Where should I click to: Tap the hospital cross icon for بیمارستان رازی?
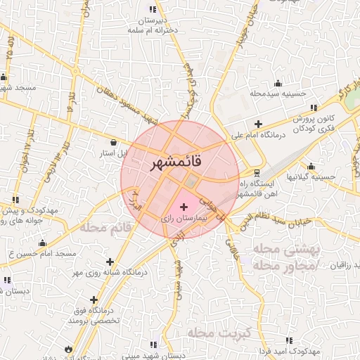tap(184, 207)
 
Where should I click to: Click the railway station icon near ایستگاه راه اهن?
tap(257, 171)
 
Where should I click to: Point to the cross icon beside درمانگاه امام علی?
tap(258, 124)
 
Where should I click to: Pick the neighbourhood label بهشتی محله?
tap(285, 250)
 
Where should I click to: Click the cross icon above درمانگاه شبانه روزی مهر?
tap(110, 262)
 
